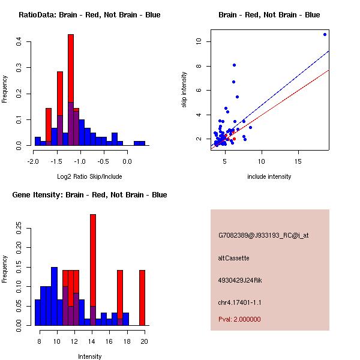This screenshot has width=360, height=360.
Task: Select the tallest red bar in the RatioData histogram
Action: pyautogui.click(x=71, y=72)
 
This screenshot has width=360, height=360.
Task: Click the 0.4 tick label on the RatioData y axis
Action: pyautogui.click(x=19, y=41)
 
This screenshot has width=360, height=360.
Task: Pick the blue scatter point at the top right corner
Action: pyautogui.click(x=325, y=35)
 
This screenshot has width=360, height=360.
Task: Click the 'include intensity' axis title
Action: pyautogui.click(x=269, y=176)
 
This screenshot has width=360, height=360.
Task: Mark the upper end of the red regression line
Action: pyautogui.click(x=329, y=70)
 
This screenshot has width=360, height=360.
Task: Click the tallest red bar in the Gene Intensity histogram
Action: pyautogui.click(x=93, y=264)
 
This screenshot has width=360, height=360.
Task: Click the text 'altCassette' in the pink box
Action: pyautogui.click(x=233, y=258)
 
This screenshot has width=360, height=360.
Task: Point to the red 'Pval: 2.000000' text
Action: pyautogui.click(x=239, y=319)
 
